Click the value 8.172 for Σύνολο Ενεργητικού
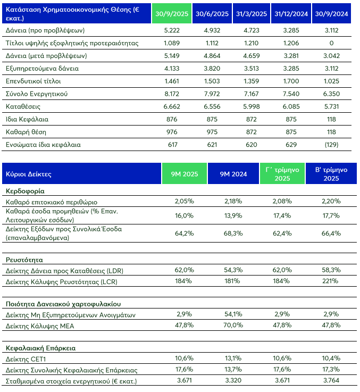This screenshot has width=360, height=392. [x=172, y=94]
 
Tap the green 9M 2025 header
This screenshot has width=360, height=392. [x=183, y=174]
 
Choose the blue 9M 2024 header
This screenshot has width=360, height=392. [x=233, y=174]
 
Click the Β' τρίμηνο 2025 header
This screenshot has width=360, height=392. [x=331, y=174]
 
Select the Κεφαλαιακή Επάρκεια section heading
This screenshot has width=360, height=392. [x=40, y=348]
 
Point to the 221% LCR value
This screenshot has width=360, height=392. [x=331, y=280]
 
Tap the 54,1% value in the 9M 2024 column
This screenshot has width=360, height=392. [x=233, y=315]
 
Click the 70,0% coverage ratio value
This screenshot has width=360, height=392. [x=233, y=324]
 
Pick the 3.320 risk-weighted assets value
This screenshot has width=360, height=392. [x=233, y=381]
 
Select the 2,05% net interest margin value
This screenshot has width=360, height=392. [x=183, y=202]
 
